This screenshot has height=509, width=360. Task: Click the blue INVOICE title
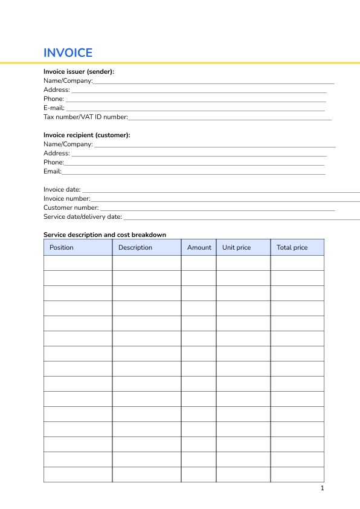[x=68, y=53]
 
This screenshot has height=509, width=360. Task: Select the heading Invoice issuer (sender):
[x=79, y=71]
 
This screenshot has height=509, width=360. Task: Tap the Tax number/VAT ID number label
[x=85, y=117]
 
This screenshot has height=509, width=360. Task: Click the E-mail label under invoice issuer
[x=54, y=108]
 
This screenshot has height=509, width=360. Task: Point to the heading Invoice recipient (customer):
[x=86, y=135]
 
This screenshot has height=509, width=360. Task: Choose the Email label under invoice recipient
[x=53, y=171]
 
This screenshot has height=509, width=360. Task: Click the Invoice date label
[x=62, y=189]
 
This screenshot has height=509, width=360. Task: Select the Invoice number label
[x=66, y=198]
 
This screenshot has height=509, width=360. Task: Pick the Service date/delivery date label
[x=83, y=216]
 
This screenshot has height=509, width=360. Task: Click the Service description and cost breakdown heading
[x=104, y=235]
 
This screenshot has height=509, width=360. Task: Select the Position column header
[x=62, y=247]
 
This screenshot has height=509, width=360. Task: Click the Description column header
[x=135, y=247]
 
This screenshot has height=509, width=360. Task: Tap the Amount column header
[x=199, y=247]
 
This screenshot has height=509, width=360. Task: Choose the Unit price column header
[x=236, y=247]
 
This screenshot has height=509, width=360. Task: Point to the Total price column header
[x=292, y=247]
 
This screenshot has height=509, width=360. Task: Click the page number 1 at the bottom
[x=322, y=488]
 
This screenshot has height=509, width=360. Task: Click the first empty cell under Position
[x=78, y=263]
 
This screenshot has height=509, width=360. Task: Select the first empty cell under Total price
[x=297, y=263]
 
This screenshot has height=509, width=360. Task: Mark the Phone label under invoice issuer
[x=53, y=99]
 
